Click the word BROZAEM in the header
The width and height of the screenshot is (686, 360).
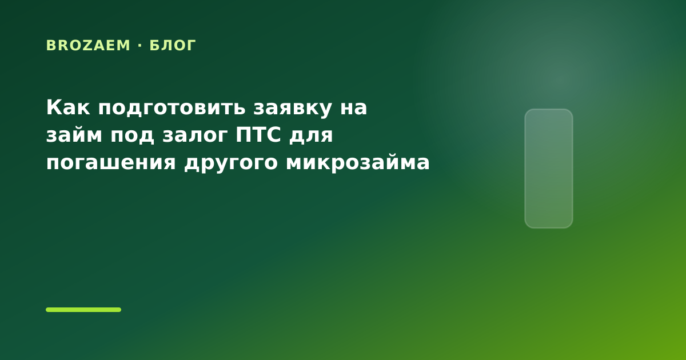tap(88, 46)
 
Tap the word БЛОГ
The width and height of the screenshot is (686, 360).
tap(173, 46)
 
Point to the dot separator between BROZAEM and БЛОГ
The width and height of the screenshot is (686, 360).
tap(140, 46)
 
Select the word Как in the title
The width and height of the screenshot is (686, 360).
tap(68, 107)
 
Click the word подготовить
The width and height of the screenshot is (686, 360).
tap(172, 109)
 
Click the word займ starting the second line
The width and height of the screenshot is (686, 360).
tap(74, 135)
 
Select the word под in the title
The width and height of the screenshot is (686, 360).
tap(132, 136)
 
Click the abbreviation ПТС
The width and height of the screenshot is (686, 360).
tap(258, 135)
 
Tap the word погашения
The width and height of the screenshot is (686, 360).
tap(111, 163)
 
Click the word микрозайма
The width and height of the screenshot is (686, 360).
tap(357, 162)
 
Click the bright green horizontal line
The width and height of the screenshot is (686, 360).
tap(83, 310)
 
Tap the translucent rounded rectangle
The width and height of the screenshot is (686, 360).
tap(549, 169)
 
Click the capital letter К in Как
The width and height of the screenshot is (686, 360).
tap(54, 107)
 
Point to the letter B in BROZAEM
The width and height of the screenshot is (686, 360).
tap(50, 46)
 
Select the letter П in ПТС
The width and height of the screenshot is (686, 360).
tap(243, 135)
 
